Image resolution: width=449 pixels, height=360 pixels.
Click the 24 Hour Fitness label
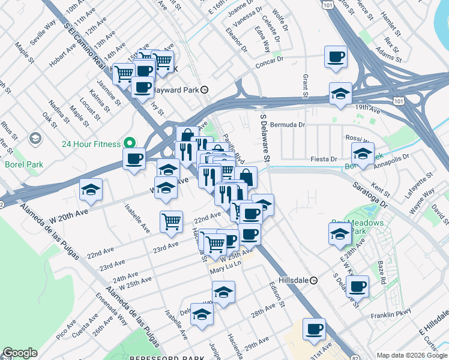point(91,143)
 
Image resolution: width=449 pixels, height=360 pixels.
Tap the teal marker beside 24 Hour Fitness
point(128,143)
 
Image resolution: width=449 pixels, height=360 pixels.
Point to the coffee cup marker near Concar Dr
point(336,58)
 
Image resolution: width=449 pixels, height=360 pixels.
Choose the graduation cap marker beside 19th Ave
point(340,94)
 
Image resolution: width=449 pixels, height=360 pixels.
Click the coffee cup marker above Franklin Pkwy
point(358,287)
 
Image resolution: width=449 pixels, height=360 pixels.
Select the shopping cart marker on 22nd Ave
point(172,221)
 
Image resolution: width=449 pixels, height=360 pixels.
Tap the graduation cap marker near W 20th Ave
point(91,190)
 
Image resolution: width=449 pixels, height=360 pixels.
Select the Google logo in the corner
point(20,353)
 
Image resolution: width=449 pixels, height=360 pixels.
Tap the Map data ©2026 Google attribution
point(412,355)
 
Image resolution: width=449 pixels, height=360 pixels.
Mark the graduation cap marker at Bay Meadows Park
point(339,233)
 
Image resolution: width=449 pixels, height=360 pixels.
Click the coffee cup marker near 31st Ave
point(314,329)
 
